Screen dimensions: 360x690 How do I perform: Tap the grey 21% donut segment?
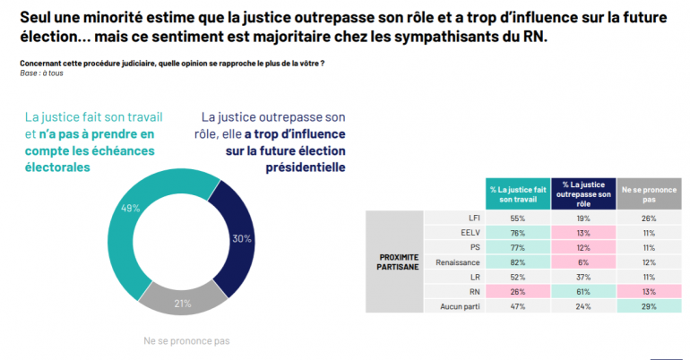(x=184, y=302)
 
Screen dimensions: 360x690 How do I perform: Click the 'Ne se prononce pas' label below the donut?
(x=187, y=340)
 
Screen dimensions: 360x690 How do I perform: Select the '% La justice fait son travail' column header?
(x=517, y=194)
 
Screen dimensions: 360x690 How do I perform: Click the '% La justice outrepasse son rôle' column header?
(x=584, y=194)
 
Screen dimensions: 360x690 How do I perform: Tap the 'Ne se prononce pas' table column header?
(x=649, y=194)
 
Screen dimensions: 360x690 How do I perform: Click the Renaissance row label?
(x=460, y=261)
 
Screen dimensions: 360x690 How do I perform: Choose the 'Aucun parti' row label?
(x=461, y=307)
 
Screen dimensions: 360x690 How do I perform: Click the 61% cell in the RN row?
(x=583, y=292)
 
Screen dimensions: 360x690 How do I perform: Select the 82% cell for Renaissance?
(x=517, y=261)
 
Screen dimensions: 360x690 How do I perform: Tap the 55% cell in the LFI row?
(x=517, y=217)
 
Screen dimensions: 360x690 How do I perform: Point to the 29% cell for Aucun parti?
(x=649, y=307)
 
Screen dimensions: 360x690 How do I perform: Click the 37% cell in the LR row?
(x=583, y=277)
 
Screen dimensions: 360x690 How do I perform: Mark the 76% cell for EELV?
(x=517, y=232)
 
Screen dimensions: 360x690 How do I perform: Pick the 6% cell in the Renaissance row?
(x=583, y=261)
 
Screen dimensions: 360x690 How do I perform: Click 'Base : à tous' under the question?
(x=43, y=73)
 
